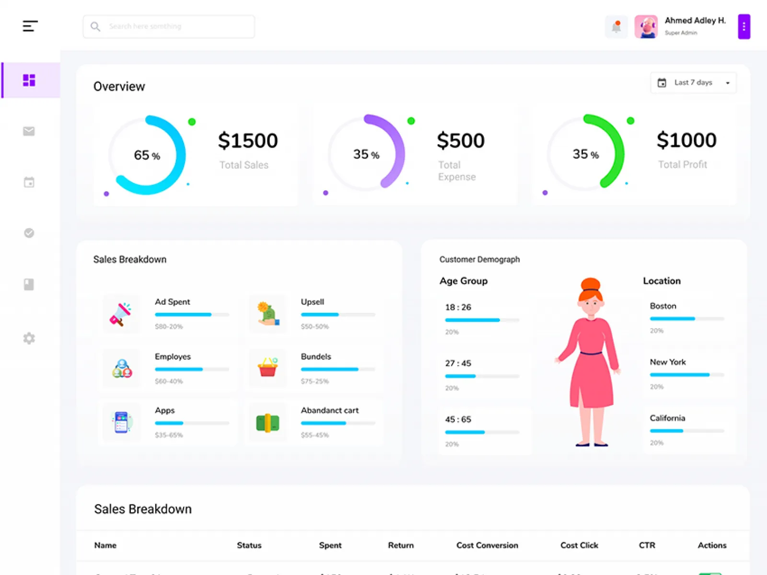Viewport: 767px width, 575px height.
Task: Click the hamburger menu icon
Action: point(30,26)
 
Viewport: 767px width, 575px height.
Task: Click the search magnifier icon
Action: point(95,26)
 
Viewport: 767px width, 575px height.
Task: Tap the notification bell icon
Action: point(616,27)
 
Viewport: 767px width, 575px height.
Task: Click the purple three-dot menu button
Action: point(744,27)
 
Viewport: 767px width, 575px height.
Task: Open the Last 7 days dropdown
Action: point(693,83)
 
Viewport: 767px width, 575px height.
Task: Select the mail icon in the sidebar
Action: point(29,131)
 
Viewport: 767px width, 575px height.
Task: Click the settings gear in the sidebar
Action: point(29,338)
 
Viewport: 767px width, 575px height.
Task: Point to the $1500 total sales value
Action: point(248,141)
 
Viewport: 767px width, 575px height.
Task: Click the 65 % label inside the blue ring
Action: point(147,155)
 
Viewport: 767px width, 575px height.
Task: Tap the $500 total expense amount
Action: point(461,141)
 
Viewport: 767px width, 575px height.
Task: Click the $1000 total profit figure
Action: point(686,140)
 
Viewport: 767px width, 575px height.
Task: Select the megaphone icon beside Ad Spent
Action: point(120,314)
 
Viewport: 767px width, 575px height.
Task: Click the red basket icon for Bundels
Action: point(267,368)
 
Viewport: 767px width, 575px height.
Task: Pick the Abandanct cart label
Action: point(330,411)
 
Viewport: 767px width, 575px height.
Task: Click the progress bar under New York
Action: point(686,375)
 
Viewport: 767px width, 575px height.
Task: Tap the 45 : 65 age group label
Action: point(458,419)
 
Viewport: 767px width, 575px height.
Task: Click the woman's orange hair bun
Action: point(591,284)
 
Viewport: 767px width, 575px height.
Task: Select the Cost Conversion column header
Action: point(487,545)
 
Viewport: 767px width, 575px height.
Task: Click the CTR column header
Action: point(647,545)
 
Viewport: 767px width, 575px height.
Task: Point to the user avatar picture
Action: point(646,27)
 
